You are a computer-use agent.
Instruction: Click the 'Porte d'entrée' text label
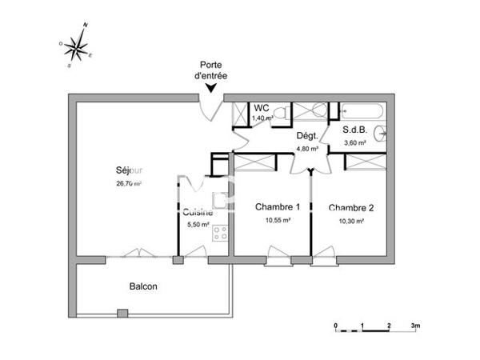210,70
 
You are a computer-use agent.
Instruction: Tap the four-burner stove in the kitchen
219,233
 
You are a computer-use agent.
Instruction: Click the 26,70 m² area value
128,183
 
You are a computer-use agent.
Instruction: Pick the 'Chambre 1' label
272,207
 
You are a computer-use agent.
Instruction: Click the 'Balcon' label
143,286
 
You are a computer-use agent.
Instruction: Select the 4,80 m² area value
308,148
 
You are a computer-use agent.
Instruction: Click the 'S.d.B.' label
354,130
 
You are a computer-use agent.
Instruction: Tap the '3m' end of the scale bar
415,326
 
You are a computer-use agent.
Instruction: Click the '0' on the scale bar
336,326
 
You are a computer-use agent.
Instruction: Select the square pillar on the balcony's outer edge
122,312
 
